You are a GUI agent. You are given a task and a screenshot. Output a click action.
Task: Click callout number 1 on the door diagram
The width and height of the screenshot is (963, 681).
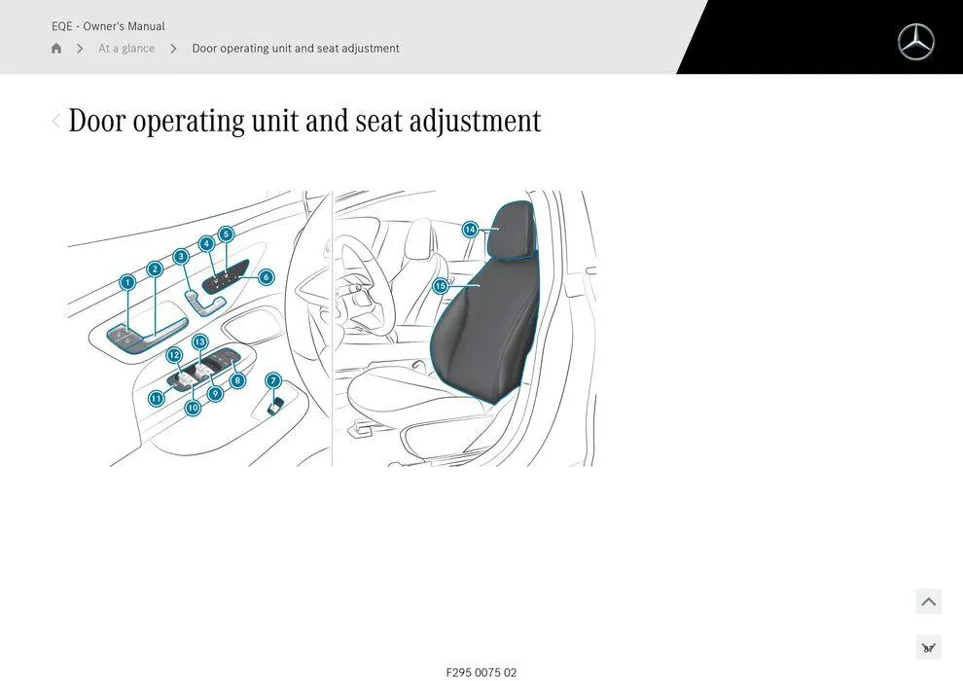[127, 282]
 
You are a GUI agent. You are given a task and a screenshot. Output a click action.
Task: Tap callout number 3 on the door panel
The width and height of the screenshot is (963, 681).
[181, 257]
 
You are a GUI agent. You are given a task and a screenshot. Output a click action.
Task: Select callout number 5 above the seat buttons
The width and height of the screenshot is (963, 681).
[226, 234]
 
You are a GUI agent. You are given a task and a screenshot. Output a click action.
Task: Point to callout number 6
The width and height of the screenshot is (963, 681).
[266, 277]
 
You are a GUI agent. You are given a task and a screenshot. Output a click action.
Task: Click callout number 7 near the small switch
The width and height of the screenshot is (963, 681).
[273, 380]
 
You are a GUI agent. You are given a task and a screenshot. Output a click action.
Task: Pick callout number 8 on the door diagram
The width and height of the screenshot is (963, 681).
[237, 380]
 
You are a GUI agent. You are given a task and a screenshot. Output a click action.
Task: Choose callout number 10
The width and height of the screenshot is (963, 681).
[193, 408]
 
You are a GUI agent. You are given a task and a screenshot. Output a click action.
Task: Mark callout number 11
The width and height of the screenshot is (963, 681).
[156, 398]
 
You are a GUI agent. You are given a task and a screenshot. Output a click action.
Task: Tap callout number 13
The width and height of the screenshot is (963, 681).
[199, 341]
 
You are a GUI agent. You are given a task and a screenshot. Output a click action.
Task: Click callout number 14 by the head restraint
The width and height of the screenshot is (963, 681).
[470, 230]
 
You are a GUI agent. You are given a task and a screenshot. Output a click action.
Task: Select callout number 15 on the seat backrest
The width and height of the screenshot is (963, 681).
[441, 286]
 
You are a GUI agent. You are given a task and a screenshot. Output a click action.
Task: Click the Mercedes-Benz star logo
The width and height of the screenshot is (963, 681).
[915, 42]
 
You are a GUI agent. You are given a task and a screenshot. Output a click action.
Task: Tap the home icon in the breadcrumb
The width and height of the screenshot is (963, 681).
[56, 49]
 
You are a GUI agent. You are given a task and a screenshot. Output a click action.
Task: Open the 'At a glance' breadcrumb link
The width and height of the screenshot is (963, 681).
[126, 49]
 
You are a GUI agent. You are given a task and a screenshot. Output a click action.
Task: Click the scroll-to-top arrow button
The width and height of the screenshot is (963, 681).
[928, 601]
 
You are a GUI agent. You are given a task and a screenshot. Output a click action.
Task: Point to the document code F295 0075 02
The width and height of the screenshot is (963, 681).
[481, 672]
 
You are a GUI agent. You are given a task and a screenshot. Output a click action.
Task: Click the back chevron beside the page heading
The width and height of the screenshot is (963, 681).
[55, 121]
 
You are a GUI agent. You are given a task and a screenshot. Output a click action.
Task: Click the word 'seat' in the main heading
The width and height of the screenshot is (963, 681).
[378, 122]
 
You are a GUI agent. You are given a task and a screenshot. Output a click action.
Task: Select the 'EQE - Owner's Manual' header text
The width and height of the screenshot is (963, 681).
[108, 26]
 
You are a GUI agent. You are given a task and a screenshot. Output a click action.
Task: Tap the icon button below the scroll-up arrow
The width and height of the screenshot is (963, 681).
[928, 647]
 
